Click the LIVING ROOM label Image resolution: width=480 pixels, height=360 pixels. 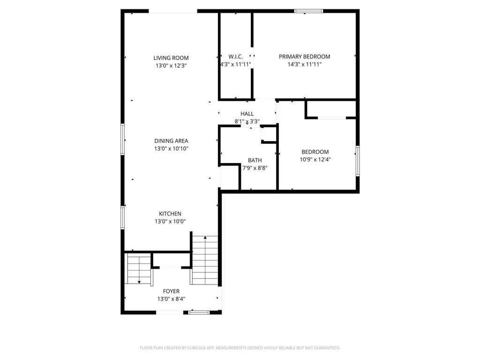point(171,58)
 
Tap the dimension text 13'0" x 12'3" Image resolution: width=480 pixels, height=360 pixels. point(171,66)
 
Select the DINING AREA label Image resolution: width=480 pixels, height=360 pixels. point(171,141)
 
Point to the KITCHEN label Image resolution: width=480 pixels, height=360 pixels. point(170,214)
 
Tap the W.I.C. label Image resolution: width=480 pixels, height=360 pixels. point(235,57)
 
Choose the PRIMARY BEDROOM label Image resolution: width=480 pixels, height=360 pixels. point(304,57)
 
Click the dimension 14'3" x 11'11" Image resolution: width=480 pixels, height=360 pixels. point(304,65)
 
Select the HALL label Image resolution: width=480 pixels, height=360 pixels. point(247,114)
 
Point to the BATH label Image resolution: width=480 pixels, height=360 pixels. point(255,160)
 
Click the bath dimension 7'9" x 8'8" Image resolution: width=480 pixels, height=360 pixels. point(255,168)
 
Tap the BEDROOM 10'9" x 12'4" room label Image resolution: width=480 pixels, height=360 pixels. point(315,152)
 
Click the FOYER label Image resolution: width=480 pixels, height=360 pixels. point(171,291)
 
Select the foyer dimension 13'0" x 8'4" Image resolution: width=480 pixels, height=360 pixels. point(171,299)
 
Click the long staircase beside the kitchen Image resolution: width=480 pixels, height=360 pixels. point(205,260)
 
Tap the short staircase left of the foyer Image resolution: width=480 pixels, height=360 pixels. point(139,270)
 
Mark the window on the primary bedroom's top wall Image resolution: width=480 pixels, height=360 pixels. point(308,11)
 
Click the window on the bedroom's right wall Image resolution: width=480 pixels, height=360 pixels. point(357,161)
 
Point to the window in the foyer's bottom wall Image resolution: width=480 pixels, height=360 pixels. point(199,312)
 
